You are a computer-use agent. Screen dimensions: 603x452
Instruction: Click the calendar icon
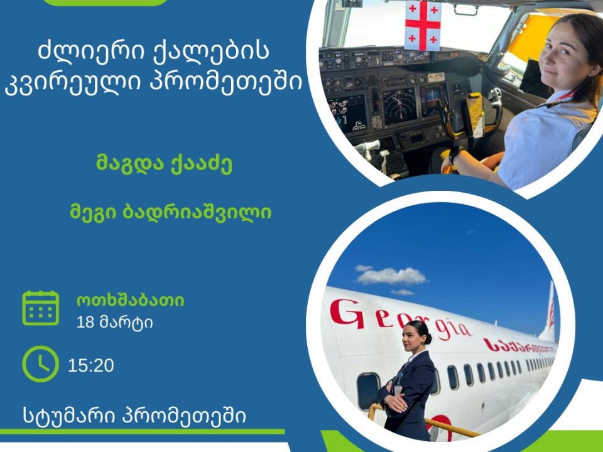click(x=40, y=308)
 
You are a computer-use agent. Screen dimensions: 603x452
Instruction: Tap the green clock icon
click(x=40, y=364)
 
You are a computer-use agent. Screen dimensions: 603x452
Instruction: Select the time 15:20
click(x=90, y=365)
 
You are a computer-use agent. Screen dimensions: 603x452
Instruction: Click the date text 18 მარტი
click(x=114, y=322)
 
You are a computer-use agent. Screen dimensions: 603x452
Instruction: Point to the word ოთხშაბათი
click(x=131, y=301)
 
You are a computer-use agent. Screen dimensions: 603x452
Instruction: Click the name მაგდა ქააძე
click(x=164, y=164)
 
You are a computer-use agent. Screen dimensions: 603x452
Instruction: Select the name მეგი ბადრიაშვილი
click(x=171, y=212)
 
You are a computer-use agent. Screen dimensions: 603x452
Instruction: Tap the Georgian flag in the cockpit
click(x=423, y=25)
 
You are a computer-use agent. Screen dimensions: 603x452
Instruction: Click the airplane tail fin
click(x=549, y=313)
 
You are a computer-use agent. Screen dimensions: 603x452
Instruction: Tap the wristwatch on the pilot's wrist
click(x=455, y=154)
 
